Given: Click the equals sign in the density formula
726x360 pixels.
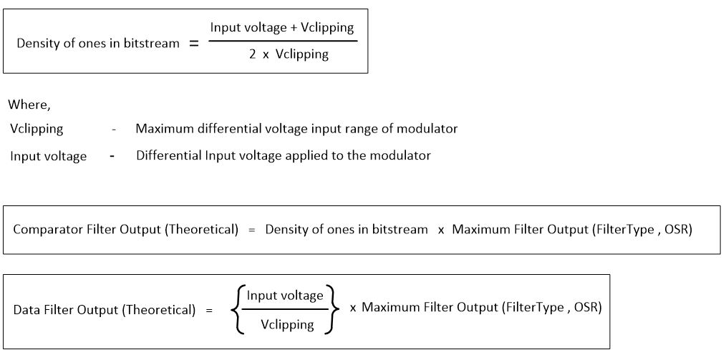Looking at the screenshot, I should click(193, 43).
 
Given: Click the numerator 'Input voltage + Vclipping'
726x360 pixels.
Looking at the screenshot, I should click(282, 27).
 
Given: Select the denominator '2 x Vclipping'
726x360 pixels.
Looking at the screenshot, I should click(289, 54).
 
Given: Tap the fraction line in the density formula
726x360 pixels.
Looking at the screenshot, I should click(282, 41).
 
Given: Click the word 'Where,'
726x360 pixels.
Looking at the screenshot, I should click(29, 104).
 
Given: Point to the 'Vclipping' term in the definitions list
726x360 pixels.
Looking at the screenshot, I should click(37, 129).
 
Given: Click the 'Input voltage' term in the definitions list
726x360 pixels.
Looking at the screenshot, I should click(48, 156).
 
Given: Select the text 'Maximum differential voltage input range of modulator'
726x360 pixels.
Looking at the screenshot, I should click(296, 129).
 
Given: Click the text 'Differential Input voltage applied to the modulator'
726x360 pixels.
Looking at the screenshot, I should click(284, 155).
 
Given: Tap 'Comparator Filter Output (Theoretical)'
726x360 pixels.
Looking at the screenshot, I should click(125, 230).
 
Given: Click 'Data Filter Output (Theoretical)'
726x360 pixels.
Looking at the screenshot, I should click(105, 310).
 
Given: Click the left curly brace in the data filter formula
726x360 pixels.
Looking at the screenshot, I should click(236, 310).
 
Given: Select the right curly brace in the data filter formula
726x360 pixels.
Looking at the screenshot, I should click(334, 310).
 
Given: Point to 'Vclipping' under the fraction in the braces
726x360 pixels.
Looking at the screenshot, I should click(287, 324).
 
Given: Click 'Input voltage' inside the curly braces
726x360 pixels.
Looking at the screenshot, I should click(285, 296).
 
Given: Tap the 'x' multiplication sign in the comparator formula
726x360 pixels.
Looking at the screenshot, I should click(441, 230).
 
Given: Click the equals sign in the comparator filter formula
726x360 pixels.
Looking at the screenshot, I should click(251, 230).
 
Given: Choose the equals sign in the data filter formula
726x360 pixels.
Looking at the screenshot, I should click(209, 310).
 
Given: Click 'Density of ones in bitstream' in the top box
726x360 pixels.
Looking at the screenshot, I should click(98, 43).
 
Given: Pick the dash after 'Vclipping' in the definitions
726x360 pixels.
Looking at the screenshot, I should click(114, 130).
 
